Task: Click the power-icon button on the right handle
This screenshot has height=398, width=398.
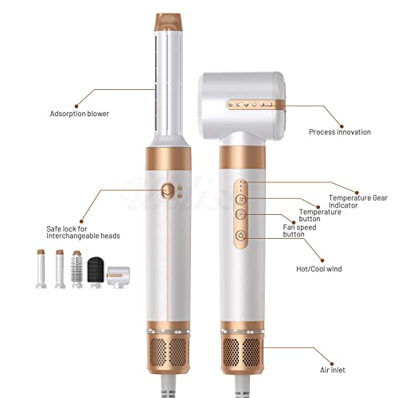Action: point(241,236)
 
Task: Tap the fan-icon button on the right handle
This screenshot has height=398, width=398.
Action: point(241,214)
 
